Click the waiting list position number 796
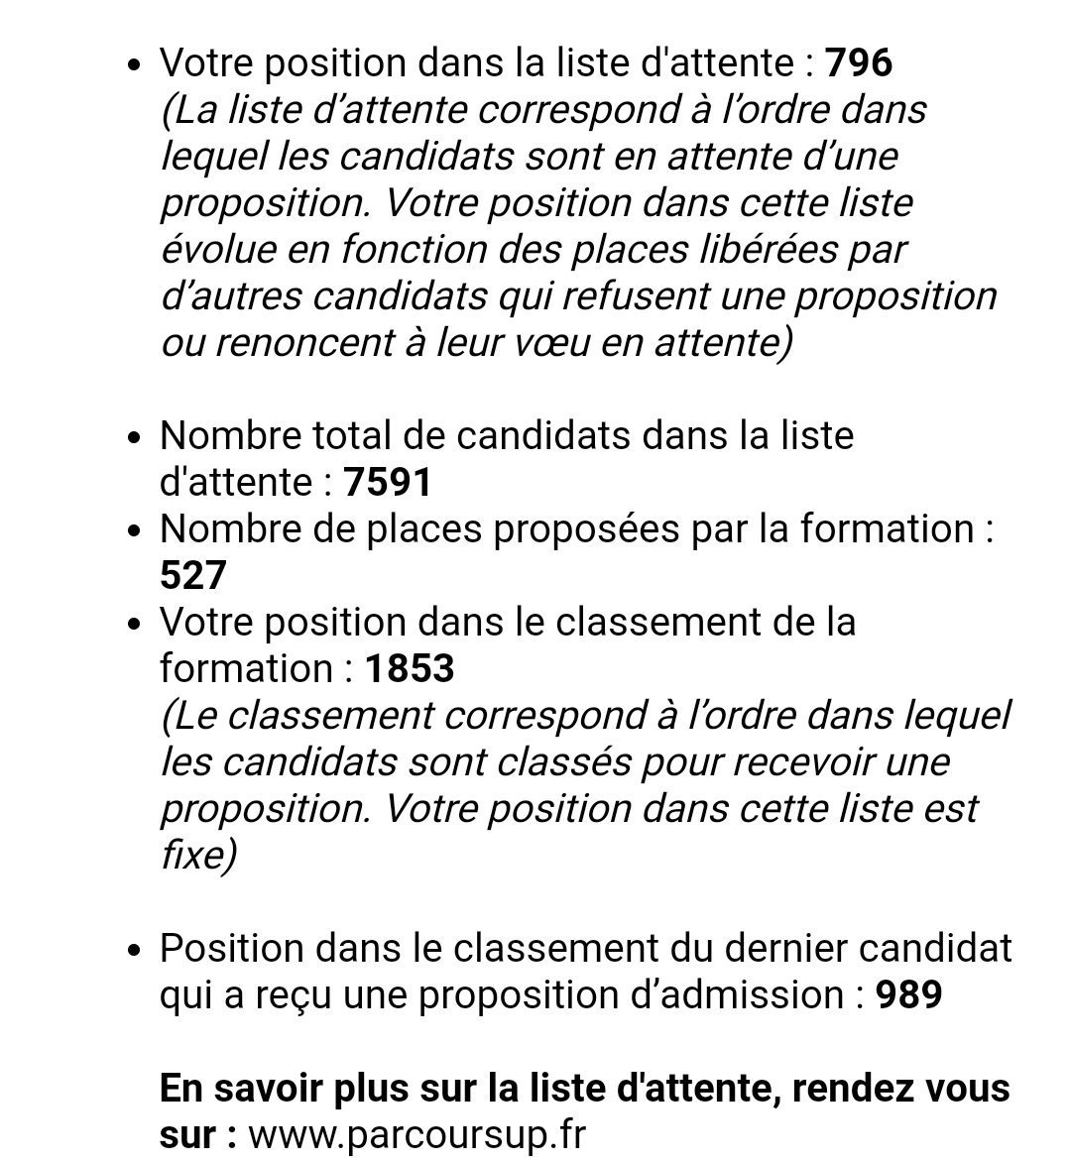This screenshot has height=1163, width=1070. pyautogui.click(x=859, y=63)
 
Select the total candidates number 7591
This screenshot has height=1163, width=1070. pyautogui.click(x=388, y=483)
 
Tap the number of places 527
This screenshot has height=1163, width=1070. pyautogui.click(x=193, y=576)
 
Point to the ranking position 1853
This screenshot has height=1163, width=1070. pyautogui.click(x=410, y=668)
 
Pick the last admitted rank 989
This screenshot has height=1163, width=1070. pyautogui.click(x=908, y=994)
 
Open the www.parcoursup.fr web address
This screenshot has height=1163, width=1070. pyautogui.click(x=417, y=1134)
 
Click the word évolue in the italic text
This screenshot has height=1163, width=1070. pyautogui.click(x=218, y=250)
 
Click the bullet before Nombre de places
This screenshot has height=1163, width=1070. pyautogui.click(x=137, y=531)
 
